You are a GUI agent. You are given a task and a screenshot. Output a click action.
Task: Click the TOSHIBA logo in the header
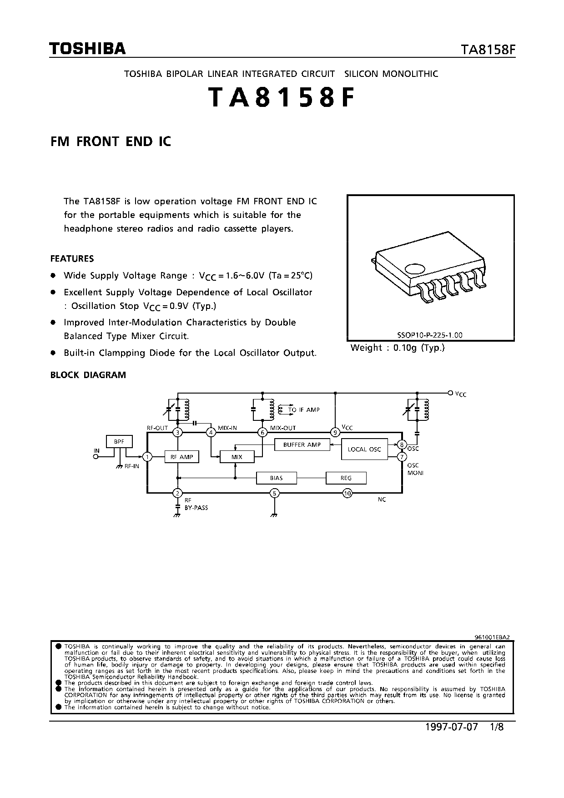(88, 49)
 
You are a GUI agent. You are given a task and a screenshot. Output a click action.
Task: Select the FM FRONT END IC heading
(111, 141)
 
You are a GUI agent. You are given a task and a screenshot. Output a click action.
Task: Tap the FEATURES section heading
(72, 258)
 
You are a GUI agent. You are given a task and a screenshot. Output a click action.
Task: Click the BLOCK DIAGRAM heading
(88, 375)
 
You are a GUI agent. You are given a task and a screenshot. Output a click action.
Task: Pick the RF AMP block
(182, 457)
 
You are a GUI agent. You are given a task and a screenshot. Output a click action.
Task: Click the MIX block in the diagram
(237, 457)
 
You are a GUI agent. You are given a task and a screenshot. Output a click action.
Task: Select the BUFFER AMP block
(302, 444)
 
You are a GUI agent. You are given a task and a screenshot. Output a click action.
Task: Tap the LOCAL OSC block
(364, 449)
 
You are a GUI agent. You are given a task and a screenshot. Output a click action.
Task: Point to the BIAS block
(276, 478)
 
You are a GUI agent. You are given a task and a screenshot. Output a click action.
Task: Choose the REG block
(346, 478)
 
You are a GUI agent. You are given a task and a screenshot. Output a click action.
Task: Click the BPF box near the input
(119, 441)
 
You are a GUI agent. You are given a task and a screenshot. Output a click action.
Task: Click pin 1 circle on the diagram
(147, 456)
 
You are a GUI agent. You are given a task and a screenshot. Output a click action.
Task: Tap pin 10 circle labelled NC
(347, 493)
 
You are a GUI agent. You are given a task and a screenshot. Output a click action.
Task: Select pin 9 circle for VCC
(335, 432)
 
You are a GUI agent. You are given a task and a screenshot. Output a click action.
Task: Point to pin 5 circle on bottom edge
(274, 493)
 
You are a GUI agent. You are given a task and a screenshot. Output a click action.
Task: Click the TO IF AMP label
(303, 409)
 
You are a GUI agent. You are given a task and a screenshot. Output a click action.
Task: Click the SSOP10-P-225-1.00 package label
(430, 335)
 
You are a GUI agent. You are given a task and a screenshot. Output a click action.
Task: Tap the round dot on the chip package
(415, 269)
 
